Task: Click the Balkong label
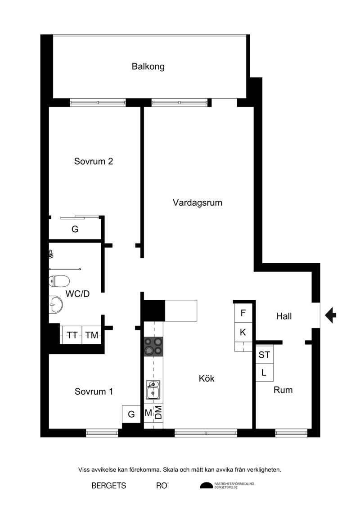pos(148,67)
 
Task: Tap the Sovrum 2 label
pos(94,161)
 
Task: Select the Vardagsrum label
pos(198,203)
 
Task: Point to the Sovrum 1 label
pos(94,392)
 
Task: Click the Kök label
pos(207,378)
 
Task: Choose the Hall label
pos(284,316)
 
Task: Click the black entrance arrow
pos(330,315)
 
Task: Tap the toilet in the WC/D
pos(59,281)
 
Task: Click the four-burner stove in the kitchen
pos(153,347)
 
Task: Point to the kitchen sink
pos(153,390)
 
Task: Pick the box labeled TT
pos(72,335)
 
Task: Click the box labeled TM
pos(91,335)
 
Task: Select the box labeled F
pos(243,313)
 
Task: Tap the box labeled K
pos(243,332)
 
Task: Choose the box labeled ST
pos(264,355)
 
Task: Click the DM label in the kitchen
pos(158,413)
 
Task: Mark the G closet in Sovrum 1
pos(131,414)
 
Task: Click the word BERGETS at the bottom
pos(109,486)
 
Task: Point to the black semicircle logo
pos(207,485)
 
